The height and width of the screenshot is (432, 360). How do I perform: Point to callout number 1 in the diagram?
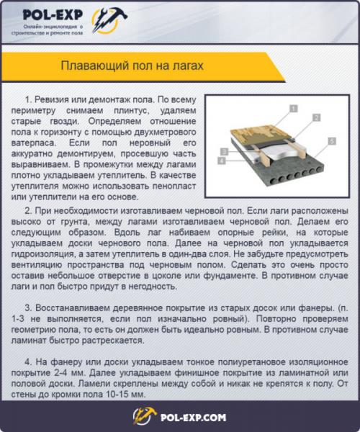point(294,107)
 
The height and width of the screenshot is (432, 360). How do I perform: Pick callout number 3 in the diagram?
point(225,152)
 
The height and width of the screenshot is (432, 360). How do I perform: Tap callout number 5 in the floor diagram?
point(332,141)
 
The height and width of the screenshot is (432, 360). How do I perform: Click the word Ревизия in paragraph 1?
point(54,99)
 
